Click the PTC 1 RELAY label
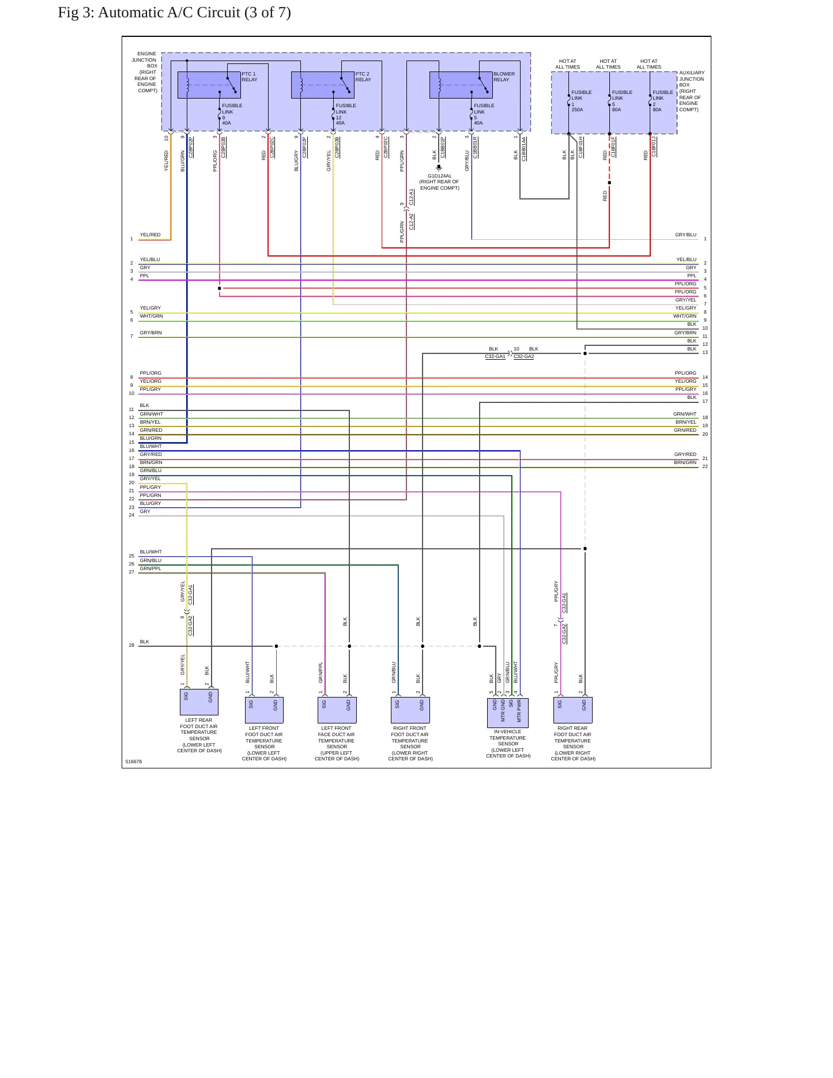tap(250, 77)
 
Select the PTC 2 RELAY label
tap(363, 77)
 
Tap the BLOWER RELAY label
tap(504, 77)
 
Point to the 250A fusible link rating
tap(577, 110)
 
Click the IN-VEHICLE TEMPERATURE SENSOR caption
tap(508, 744)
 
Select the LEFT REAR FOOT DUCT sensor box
tap(199, 702)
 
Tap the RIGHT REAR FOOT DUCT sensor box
tap(572, 710)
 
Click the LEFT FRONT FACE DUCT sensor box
tap(337, 710)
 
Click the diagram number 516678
tap(134, 762)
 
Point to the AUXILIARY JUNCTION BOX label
tap(691, 91)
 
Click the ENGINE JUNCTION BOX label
tap(145, 72)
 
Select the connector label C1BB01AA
tap(524, 149)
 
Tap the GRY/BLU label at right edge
tap(686, 235)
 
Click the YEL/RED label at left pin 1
tap(150, 235)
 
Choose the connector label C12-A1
tap(412, 197)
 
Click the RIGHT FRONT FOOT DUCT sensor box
tap(410, 710)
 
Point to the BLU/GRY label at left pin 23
tap(150, 503)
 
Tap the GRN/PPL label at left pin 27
tap(150, 568)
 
